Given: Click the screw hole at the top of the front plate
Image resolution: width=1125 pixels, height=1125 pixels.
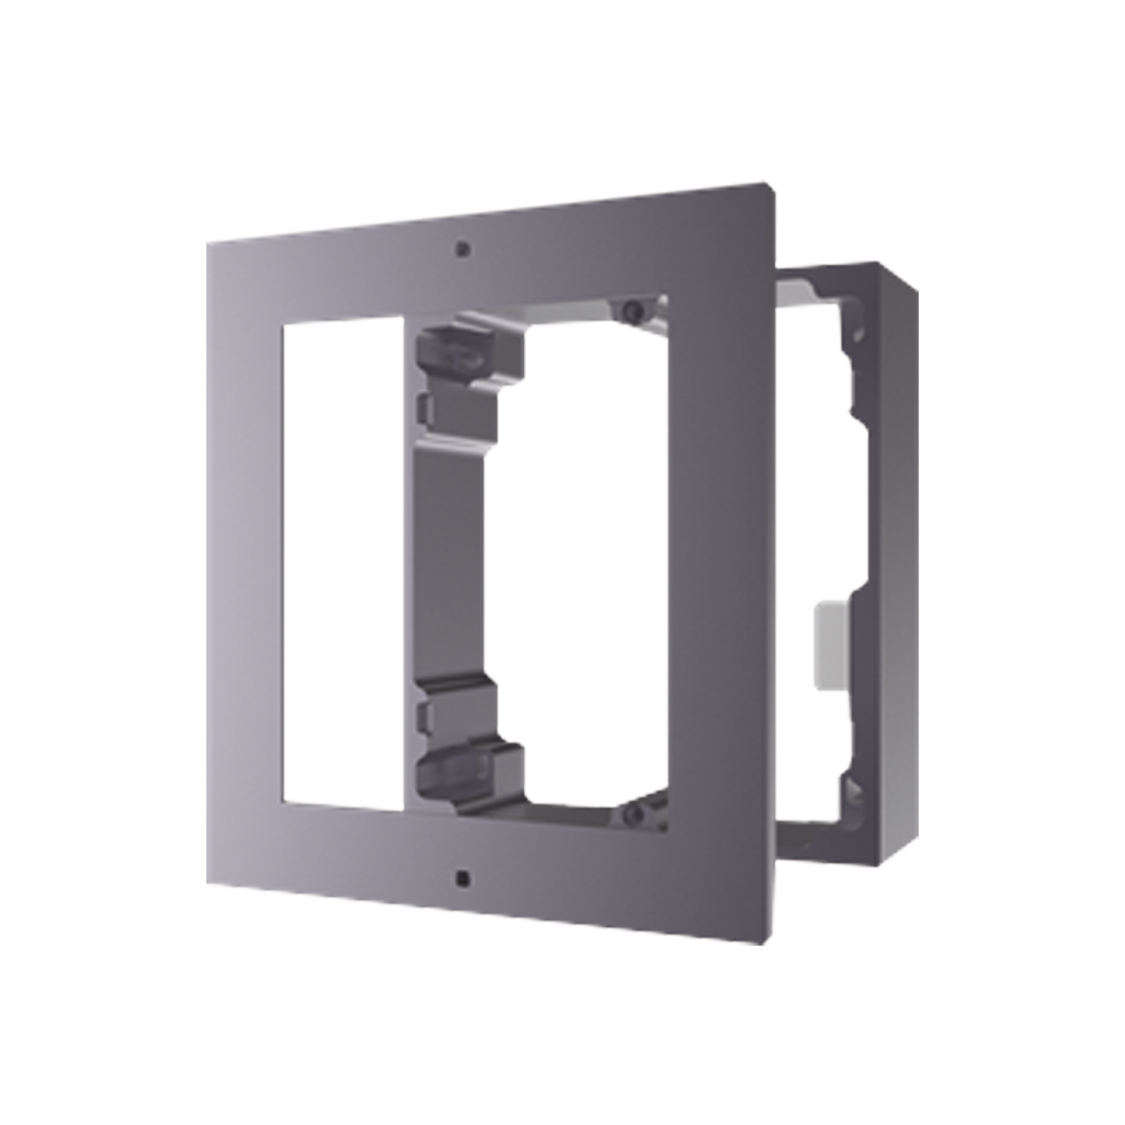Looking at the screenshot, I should (463, 248).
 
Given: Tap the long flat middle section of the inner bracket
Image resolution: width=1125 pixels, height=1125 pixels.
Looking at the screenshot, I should (451, 562).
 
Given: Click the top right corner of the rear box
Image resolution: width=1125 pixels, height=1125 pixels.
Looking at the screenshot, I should (917, 287).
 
